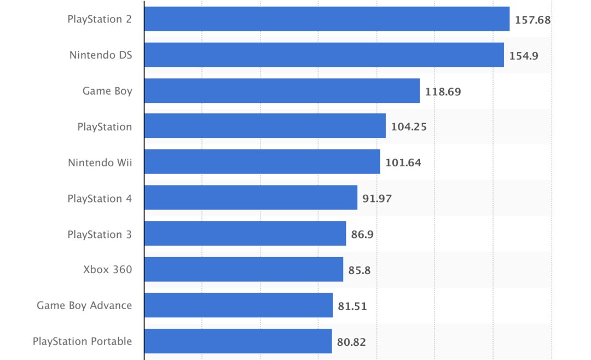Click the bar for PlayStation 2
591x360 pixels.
[327, 19]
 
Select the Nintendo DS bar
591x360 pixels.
[324, 55]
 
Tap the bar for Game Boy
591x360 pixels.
[282, 91]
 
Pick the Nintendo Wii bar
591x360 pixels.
[262, 162]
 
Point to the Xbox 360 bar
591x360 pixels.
[244, 269]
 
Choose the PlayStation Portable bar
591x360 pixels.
[238, 341]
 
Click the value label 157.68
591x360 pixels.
[532, 20]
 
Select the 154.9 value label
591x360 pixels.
[524, 55]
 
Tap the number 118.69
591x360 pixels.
[443, 91]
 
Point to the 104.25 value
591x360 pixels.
[409, 127]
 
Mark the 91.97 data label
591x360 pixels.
[377, 199]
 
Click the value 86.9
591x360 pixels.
[362, 234]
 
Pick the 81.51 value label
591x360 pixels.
[352, 306]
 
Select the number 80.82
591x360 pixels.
[351, 342]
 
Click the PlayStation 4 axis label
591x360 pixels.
[100, 199]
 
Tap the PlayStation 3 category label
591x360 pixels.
[100, 234]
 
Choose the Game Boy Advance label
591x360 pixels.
[84, 305]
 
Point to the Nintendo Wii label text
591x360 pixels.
[100, 162]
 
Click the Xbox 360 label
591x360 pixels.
[108, 269]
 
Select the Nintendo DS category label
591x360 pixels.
[101, 55]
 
